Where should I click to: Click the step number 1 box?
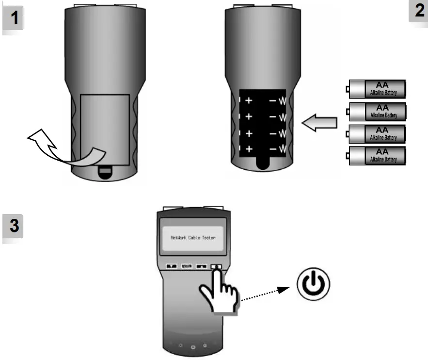pos(15,18)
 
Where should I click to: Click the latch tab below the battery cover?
pos(105,171)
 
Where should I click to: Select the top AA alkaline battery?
pos(376,89)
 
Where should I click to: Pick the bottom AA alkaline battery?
pos(376,156)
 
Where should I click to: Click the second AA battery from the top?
pos(376,112)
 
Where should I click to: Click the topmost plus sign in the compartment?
pos(249,100)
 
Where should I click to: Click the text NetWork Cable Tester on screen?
pos(193,238)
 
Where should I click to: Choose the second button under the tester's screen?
pos(187,266)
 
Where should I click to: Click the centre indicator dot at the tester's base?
pos(193,347)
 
